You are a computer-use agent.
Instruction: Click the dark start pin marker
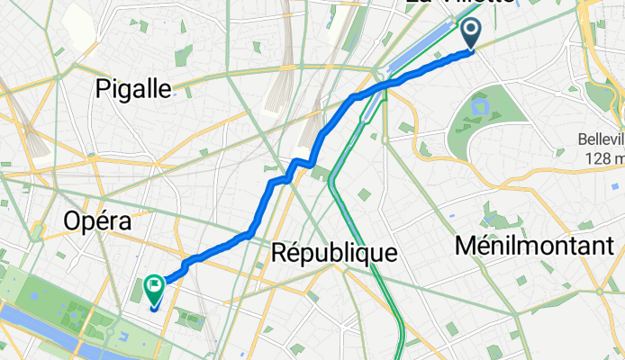pos(472,34)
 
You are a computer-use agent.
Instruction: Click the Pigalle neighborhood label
pos(134,88)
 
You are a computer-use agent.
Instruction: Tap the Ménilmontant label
pos(535,244)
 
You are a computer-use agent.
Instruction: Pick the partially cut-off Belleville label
pos(602,141)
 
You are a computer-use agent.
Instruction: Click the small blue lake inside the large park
pos(479,107)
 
